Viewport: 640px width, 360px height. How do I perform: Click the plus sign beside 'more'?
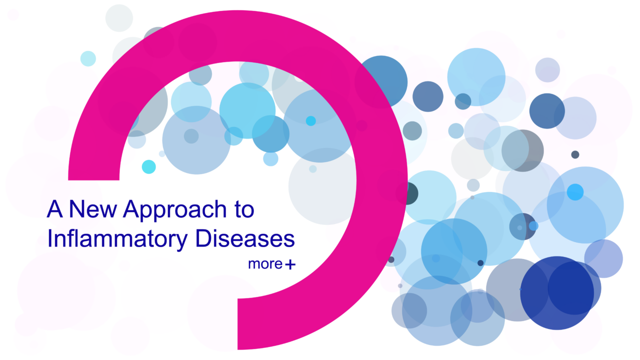click(290, 265)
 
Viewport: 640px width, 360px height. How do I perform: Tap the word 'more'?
click(265, 264)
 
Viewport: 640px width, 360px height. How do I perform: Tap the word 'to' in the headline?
click(242, 210)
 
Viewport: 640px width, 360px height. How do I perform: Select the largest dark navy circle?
click(556, 293)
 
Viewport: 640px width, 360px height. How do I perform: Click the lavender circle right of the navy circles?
click(604, 258)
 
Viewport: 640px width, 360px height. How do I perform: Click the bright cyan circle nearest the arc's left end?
click(148, 166)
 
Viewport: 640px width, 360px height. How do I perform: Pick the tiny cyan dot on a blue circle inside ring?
click(311, 121)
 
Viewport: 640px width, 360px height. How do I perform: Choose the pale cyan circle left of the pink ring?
click(88, 58)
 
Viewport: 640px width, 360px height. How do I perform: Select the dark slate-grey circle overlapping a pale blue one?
click(523, 150)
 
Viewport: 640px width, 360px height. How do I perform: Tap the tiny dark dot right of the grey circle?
click(575, 154)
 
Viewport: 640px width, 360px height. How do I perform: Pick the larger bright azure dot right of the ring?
click(575, 192)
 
